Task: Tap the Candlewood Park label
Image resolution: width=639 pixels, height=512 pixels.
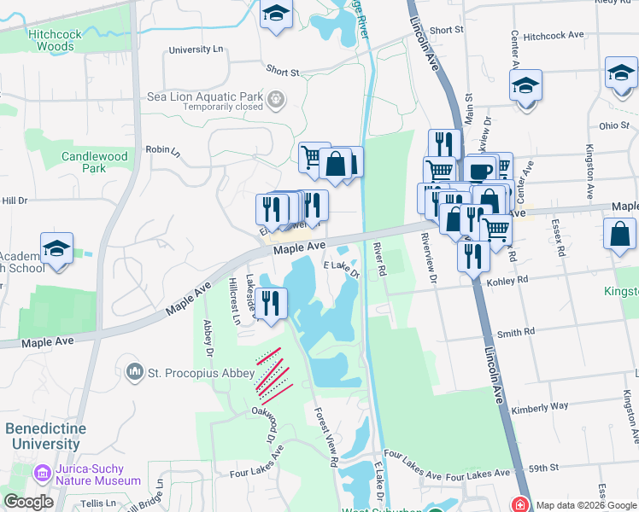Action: [95, 162]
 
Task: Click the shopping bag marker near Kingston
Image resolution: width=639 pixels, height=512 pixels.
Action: [618, 234]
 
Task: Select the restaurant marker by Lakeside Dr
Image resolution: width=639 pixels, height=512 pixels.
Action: [271, 304]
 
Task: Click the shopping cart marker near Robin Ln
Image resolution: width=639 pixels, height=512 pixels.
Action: [313, 158]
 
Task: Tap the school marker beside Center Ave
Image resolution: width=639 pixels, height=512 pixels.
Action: [525, 86]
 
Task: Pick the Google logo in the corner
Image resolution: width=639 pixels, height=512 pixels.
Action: [28, 502]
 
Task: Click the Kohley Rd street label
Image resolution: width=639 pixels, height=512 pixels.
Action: [507, 279]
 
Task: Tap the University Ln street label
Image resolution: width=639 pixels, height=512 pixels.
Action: [196, 49]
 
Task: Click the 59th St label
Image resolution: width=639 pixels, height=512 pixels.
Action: [542, 468]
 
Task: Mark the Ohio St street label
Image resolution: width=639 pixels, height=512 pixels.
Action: [613, 125]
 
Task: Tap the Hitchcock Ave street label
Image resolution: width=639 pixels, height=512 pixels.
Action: [554, 36]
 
